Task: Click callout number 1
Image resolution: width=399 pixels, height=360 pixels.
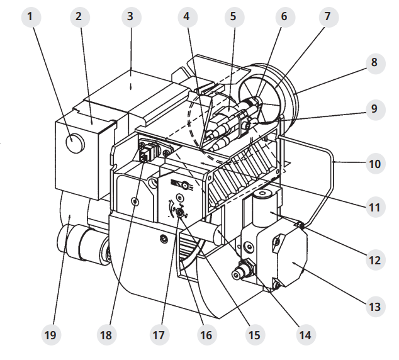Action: click(x=31, y=17)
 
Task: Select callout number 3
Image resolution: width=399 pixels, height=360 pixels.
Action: click(x=131, y=17)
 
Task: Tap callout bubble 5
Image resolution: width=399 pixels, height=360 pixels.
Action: click(x=234, y=17)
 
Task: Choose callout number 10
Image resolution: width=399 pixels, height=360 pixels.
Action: click(x=375, y=164)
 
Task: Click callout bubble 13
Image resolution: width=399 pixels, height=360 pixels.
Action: click(x=375, y=307)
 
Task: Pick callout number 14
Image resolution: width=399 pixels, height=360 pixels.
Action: click(x=305, y=335)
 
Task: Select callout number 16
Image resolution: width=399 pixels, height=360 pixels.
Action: click(x=206, y=335)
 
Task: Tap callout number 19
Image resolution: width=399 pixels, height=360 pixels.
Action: click(x=50, y=335)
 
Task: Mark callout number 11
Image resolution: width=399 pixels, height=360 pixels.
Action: click(x=375, y=207)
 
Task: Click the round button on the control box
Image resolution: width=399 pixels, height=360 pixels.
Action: click(x=75, y=143)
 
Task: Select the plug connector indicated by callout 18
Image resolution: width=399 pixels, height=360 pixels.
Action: click(x=148, y=152)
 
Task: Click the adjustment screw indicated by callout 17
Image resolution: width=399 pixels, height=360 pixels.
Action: click(x=180, y=213)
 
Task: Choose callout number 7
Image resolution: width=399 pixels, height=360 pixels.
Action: click(x=329, y=17)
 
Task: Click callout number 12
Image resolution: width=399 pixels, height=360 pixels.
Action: click(x=375, y=260)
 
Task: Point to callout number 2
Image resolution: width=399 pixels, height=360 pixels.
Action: click(x=79, y=17)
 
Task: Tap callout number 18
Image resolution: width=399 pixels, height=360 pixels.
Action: click(x=106, y=335)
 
